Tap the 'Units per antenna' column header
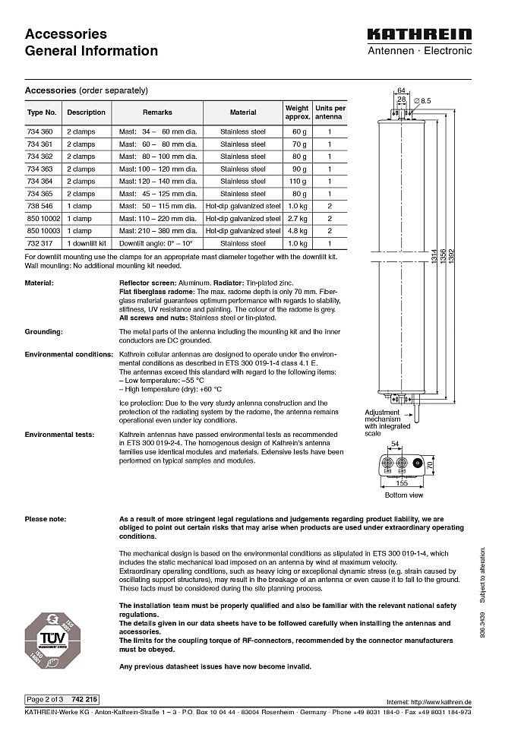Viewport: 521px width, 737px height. pyautogui.click(x=330, y=112)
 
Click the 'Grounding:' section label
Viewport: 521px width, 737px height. pyautogui.click(x=43, y=332)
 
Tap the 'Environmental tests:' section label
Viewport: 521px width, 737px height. pyautogui.click(x=59, y=434)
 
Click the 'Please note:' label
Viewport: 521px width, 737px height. pyautogui.click(x=46, y=519)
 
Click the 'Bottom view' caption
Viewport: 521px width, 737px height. pyautogui.click(x=404, y=495)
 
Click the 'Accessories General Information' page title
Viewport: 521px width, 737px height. pyautogui.click(x=91, y=43)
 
